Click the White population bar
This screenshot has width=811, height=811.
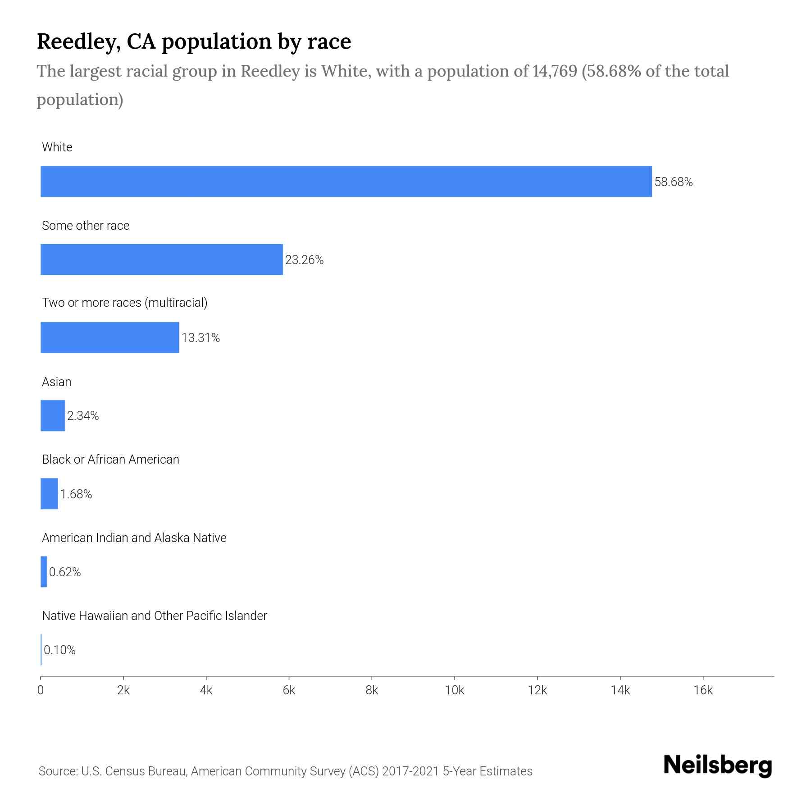click(x=346, y=182)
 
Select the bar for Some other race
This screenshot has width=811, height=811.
click(x=161, y=260)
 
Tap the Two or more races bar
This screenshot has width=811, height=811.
click(x=109, y=337)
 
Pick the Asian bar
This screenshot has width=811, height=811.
click(x=52, y=415)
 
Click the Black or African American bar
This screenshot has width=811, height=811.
click(x=49, y=494)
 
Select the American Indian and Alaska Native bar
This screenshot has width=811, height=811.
click(x=44, y=572)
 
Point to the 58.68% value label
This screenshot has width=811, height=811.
click(x=673, y=182)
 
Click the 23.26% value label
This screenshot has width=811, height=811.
click(x=304, y=260)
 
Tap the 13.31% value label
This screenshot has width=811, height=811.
click(x=200, y=338)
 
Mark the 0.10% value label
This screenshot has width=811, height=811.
click(x=59, y=650)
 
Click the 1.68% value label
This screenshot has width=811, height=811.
click(x=76, y=494)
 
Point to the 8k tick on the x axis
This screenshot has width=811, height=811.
click(x=372, y=690)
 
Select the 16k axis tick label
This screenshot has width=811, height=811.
click(x=703, y=690)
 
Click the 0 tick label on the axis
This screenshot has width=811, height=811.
click(x=41, y=690)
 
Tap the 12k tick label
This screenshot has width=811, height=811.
click(x=537, y=690)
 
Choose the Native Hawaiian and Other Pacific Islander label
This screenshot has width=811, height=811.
click(x=154, y=616)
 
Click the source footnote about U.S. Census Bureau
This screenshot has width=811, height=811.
click(x=285, y=771)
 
